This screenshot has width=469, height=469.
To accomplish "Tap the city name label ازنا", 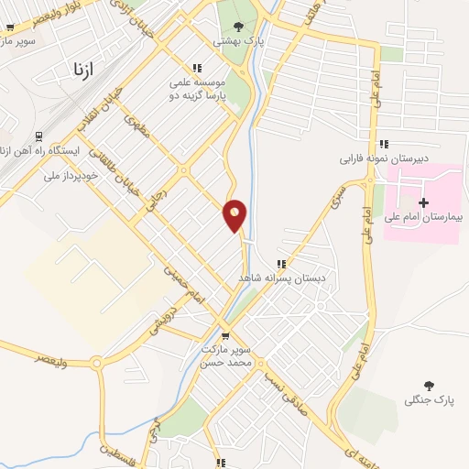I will (80, 69).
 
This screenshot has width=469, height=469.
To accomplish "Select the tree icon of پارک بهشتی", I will (238, 26).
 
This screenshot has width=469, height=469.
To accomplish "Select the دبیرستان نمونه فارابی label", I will (384, 158).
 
